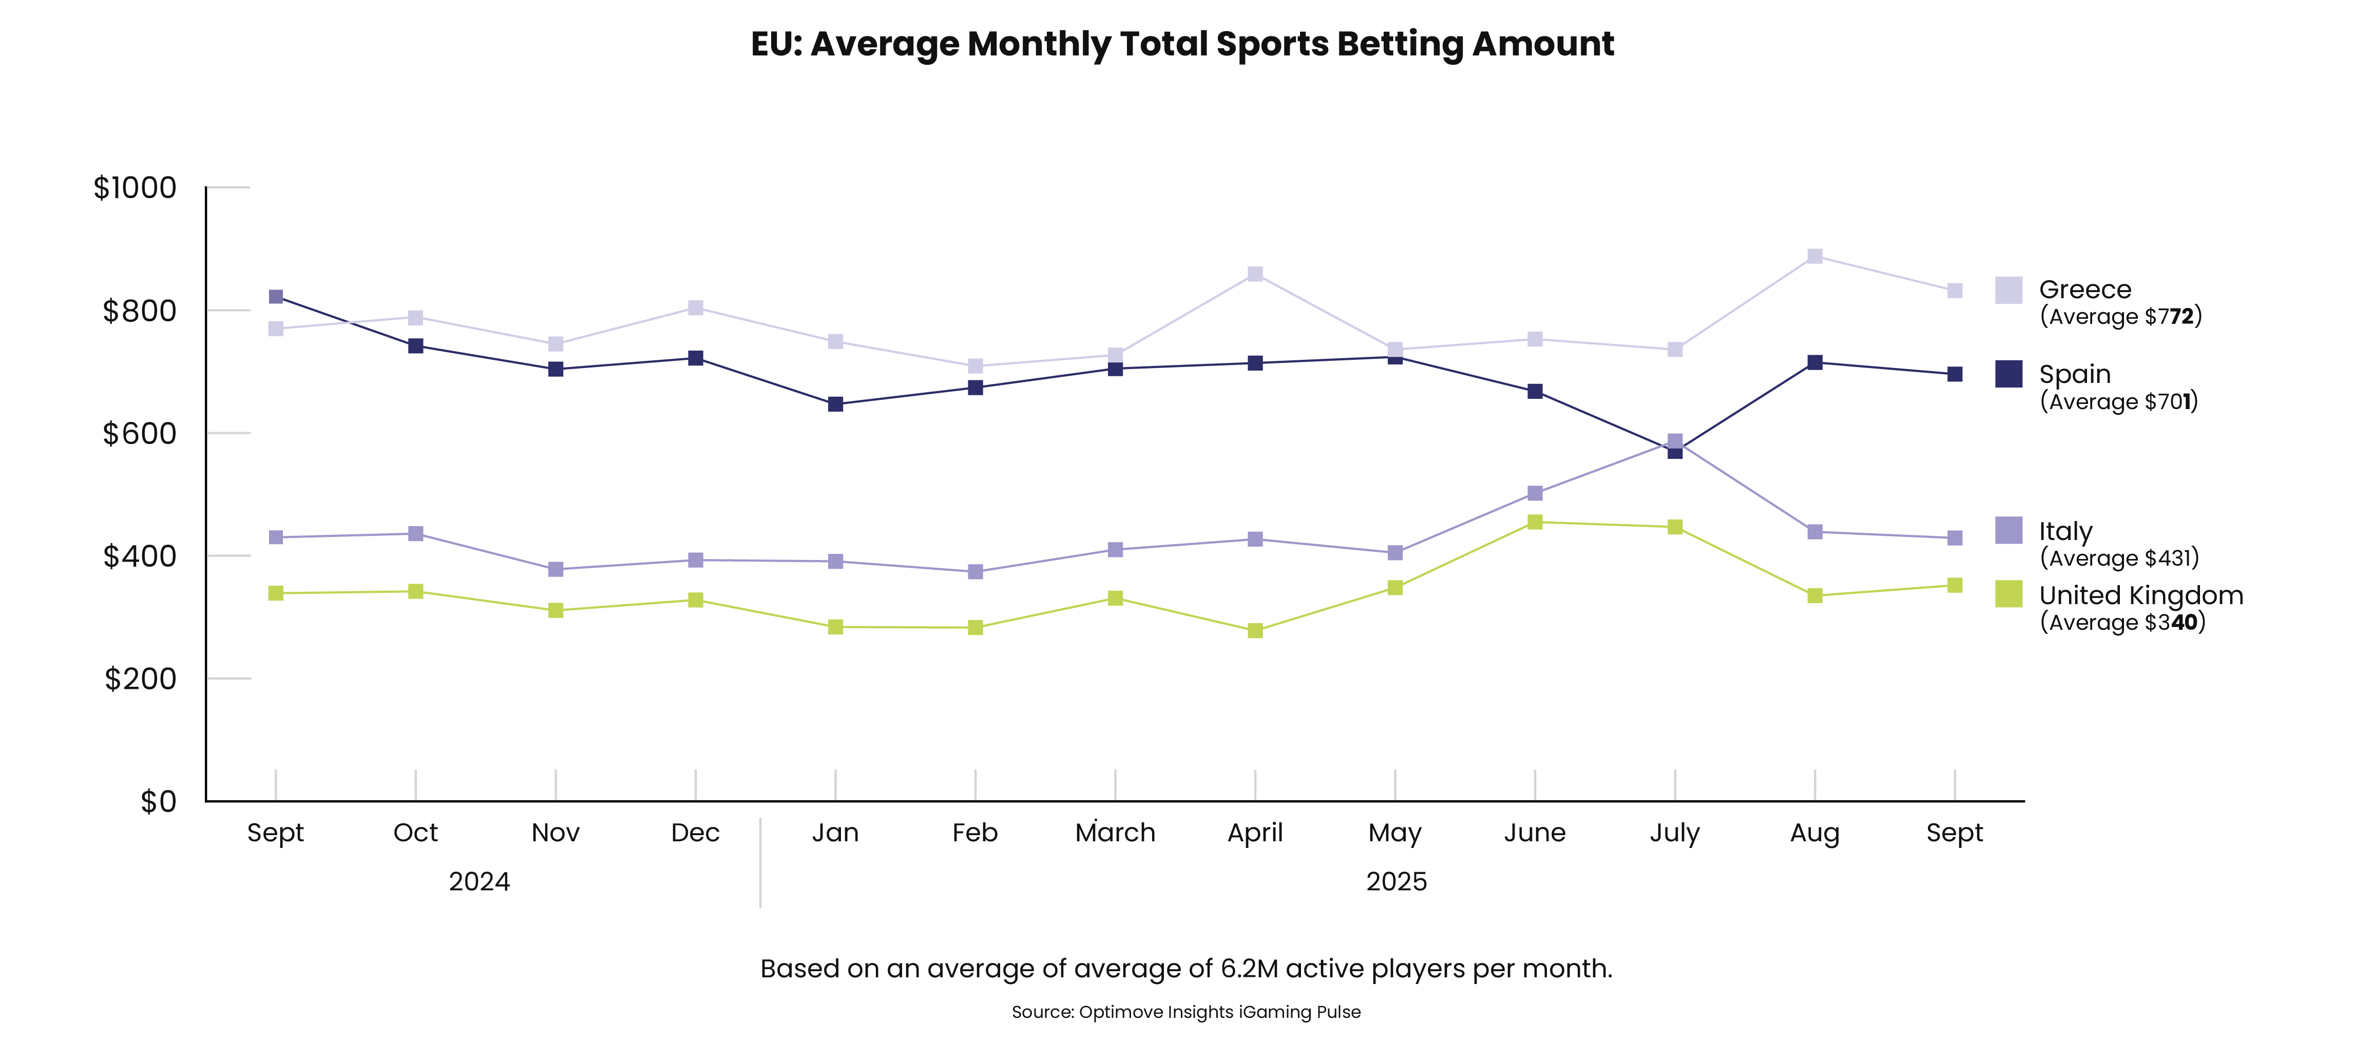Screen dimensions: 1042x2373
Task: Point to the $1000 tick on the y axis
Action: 136,188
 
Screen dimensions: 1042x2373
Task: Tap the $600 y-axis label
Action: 139,433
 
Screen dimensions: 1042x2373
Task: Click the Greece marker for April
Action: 1255,275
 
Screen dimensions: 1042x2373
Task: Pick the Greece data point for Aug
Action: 1814,256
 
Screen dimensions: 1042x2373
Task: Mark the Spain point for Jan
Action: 835,404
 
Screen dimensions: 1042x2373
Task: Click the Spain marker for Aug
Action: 1814,363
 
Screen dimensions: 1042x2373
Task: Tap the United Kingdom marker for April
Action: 1255,631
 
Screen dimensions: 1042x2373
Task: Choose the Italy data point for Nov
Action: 556,569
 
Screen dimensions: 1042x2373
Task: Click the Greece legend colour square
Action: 2008,290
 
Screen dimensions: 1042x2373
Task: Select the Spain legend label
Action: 2075,374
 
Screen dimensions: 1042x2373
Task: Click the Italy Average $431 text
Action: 2119,558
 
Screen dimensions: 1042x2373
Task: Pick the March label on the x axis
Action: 1115,833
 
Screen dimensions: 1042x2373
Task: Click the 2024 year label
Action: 479,882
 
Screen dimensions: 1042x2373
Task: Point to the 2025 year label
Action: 1395,882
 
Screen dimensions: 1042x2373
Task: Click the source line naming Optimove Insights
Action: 1185,1012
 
